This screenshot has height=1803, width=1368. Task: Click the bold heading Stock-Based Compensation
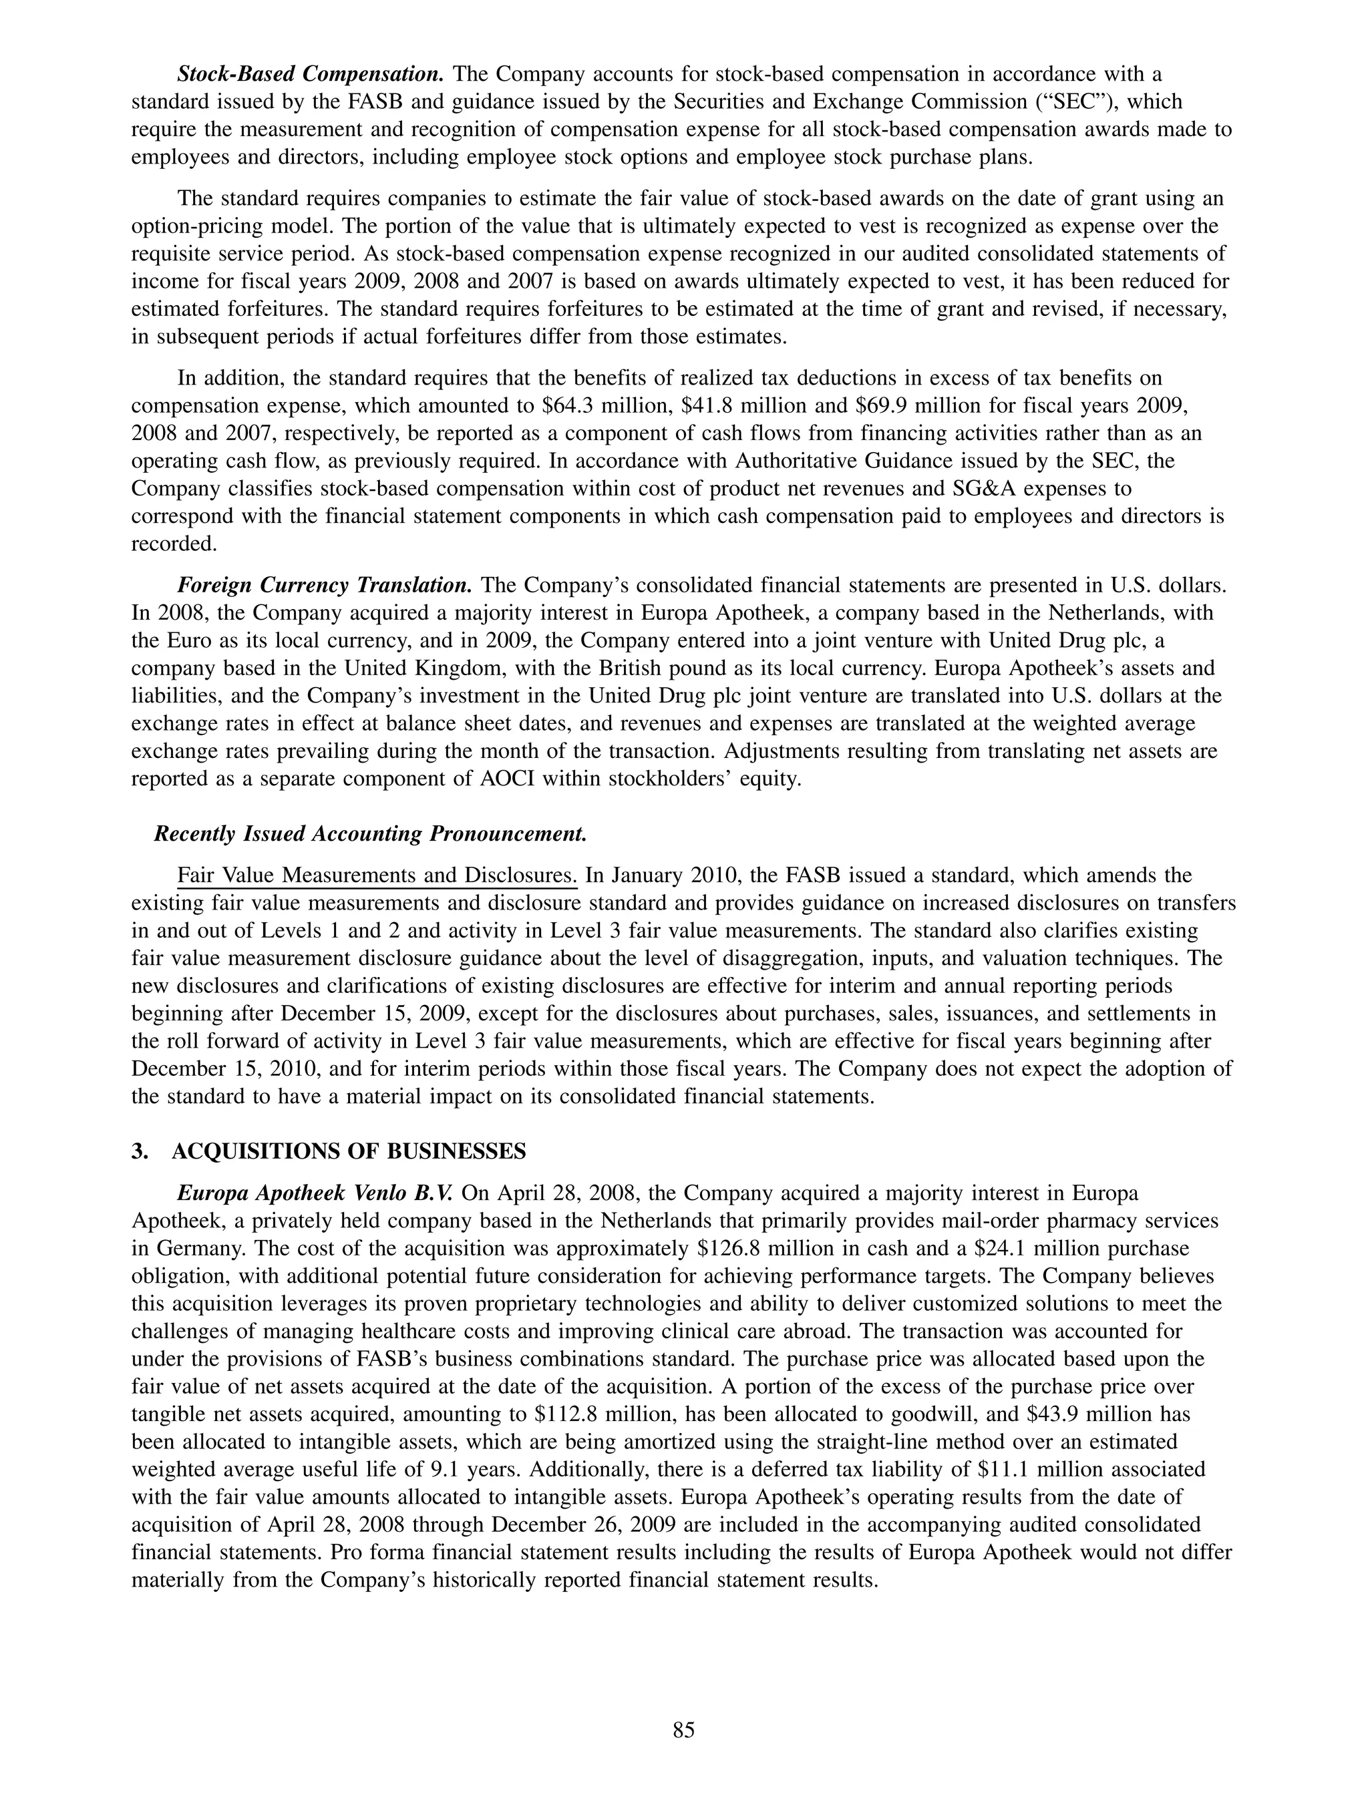click(310, 74)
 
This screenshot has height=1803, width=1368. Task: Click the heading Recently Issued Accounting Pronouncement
click(370, 834)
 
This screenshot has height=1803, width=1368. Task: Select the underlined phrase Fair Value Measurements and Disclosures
click(377, 875)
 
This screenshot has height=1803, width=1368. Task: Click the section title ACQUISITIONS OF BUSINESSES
click(349, 1151)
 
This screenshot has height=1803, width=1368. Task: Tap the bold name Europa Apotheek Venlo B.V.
click(317, 1193)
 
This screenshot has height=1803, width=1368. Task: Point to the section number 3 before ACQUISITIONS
click(136, 1151)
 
